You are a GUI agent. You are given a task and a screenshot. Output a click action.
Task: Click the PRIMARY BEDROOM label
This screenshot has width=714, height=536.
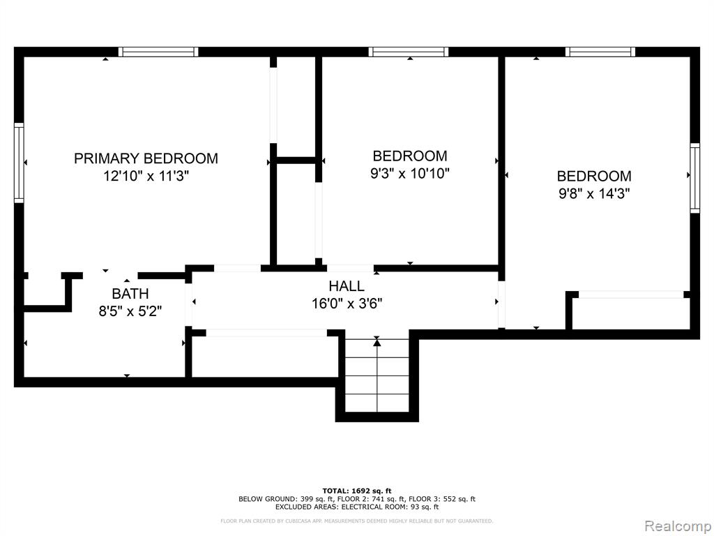146,158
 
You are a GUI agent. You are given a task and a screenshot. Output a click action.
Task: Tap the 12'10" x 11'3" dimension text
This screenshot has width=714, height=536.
146,175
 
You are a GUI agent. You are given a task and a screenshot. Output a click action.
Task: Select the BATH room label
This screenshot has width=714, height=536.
130,294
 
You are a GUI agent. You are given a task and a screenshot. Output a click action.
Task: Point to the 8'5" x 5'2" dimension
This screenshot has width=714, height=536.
130,311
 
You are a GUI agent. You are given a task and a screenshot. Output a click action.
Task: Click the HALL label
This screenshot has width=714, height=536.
347,286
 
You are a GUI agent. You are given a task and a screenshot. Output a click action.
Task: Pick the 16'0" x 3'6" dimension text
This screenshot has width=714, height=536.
347,304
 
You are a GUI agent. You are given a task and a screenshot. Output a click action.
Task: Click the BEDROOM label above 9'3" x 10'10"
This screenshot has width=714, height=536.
410,156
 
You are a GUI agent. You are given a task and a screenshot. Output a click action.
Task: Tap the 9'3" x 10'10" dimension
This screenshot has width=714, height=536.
410,173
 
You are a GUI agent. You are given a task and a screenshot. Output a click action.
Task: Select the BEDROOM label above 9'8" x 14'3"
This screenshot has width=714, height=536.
594,176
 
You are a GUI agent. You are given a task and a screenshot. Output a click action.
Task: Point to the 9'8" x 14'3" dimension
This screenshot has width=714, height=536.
594,194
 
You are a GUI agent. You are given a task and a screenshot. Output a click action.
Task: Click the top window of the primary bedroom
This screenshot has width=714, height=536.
158,52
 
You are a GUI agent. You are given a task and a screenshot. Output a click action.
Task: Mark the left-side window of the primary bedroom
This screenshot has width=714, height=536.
19,163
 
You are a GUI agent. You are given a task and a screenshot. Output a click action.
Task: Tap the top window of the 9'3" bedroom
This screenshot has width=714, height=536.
409,52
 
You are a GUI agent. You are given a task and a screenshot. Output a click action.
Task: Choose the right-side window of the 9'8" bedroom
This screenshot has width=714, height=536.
695,178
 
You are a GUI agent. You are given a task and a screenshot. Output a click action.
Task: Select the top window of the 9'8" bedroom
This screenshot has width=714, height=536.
600,52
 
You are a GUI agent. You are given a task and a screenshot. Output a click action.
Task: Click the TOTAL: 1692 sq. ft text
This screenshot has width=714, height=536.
357,491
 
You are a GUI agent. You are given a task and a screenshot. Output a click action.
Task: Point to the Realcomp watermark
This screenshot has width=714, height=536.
678,526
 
